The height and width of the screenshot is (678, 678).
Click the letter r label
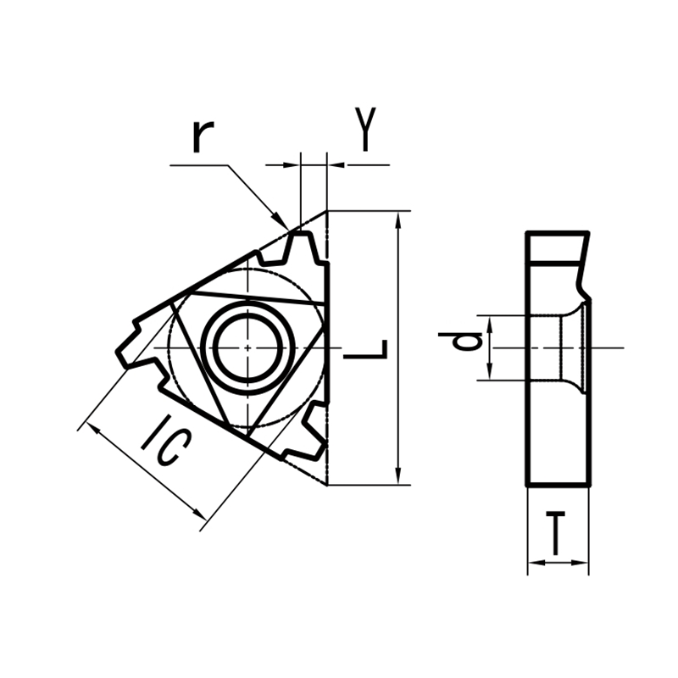(201, 136)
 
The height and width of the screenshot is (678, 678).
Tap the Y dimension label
(364, 130)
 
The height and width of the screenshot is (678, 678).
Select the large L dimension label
(366, 348)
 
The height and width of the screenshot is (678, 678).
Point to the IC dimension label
(163, 441)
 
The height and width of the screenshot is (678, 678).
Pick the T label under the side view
(556, 533)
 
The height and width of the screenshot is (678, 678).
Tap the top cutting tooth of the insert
(301, 247)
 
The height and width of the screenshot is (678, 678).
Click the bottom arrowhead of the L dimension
(398, 477)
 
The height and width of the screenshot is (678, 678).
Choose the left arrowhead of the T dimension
(534, 563)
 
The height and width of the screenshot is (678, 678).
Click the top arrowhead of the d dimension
(490, 321)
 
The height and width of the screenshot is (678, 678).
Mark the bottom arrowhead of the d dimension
(490, 374)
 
